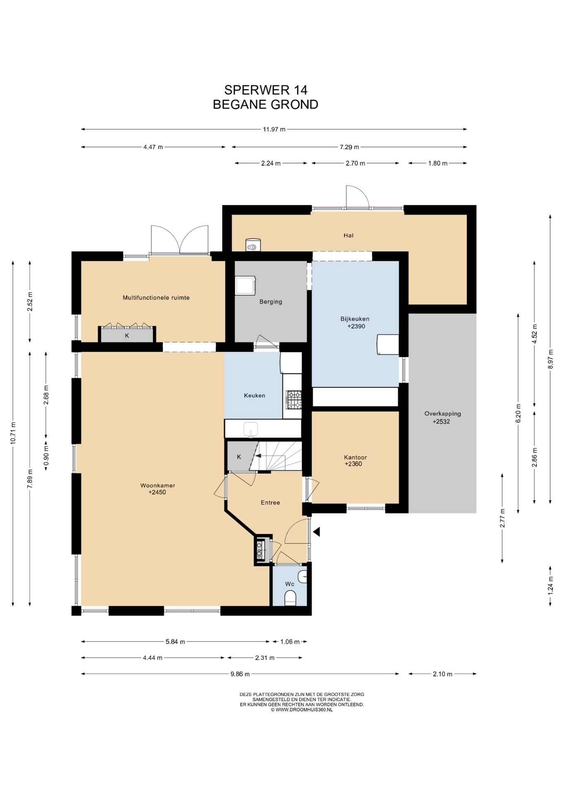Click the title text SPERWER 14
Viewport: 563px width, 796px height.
(266, 90)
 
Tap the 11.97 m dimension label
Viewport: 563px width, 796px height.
(274, 129)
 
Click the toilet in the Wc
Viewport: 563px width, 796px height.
(290, 598)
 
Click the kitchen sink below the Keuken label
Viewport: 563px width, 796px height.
(251, 429)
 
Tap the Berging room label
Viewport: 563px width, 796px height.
(271, 302)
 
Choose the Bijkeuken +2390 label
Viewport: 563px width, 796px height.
(355, 323)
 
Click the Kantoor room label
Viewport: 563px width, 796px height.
(355, 457)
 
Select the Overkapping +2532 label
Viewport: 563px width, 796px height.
(442, 417)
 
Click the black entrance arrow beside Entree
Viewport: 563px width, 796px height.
(317, 531)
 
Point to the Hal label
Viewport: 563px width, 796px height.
(348, 235)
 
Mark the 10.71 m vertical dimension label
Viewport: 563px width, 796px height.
(13, 433)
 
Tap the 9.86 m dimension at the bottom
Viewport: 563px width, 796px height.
(240, 674)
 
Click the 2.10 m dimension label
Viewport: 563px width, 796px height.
(442, 674)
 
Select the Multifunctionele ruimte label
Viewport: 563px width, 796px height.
(156, 298)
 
